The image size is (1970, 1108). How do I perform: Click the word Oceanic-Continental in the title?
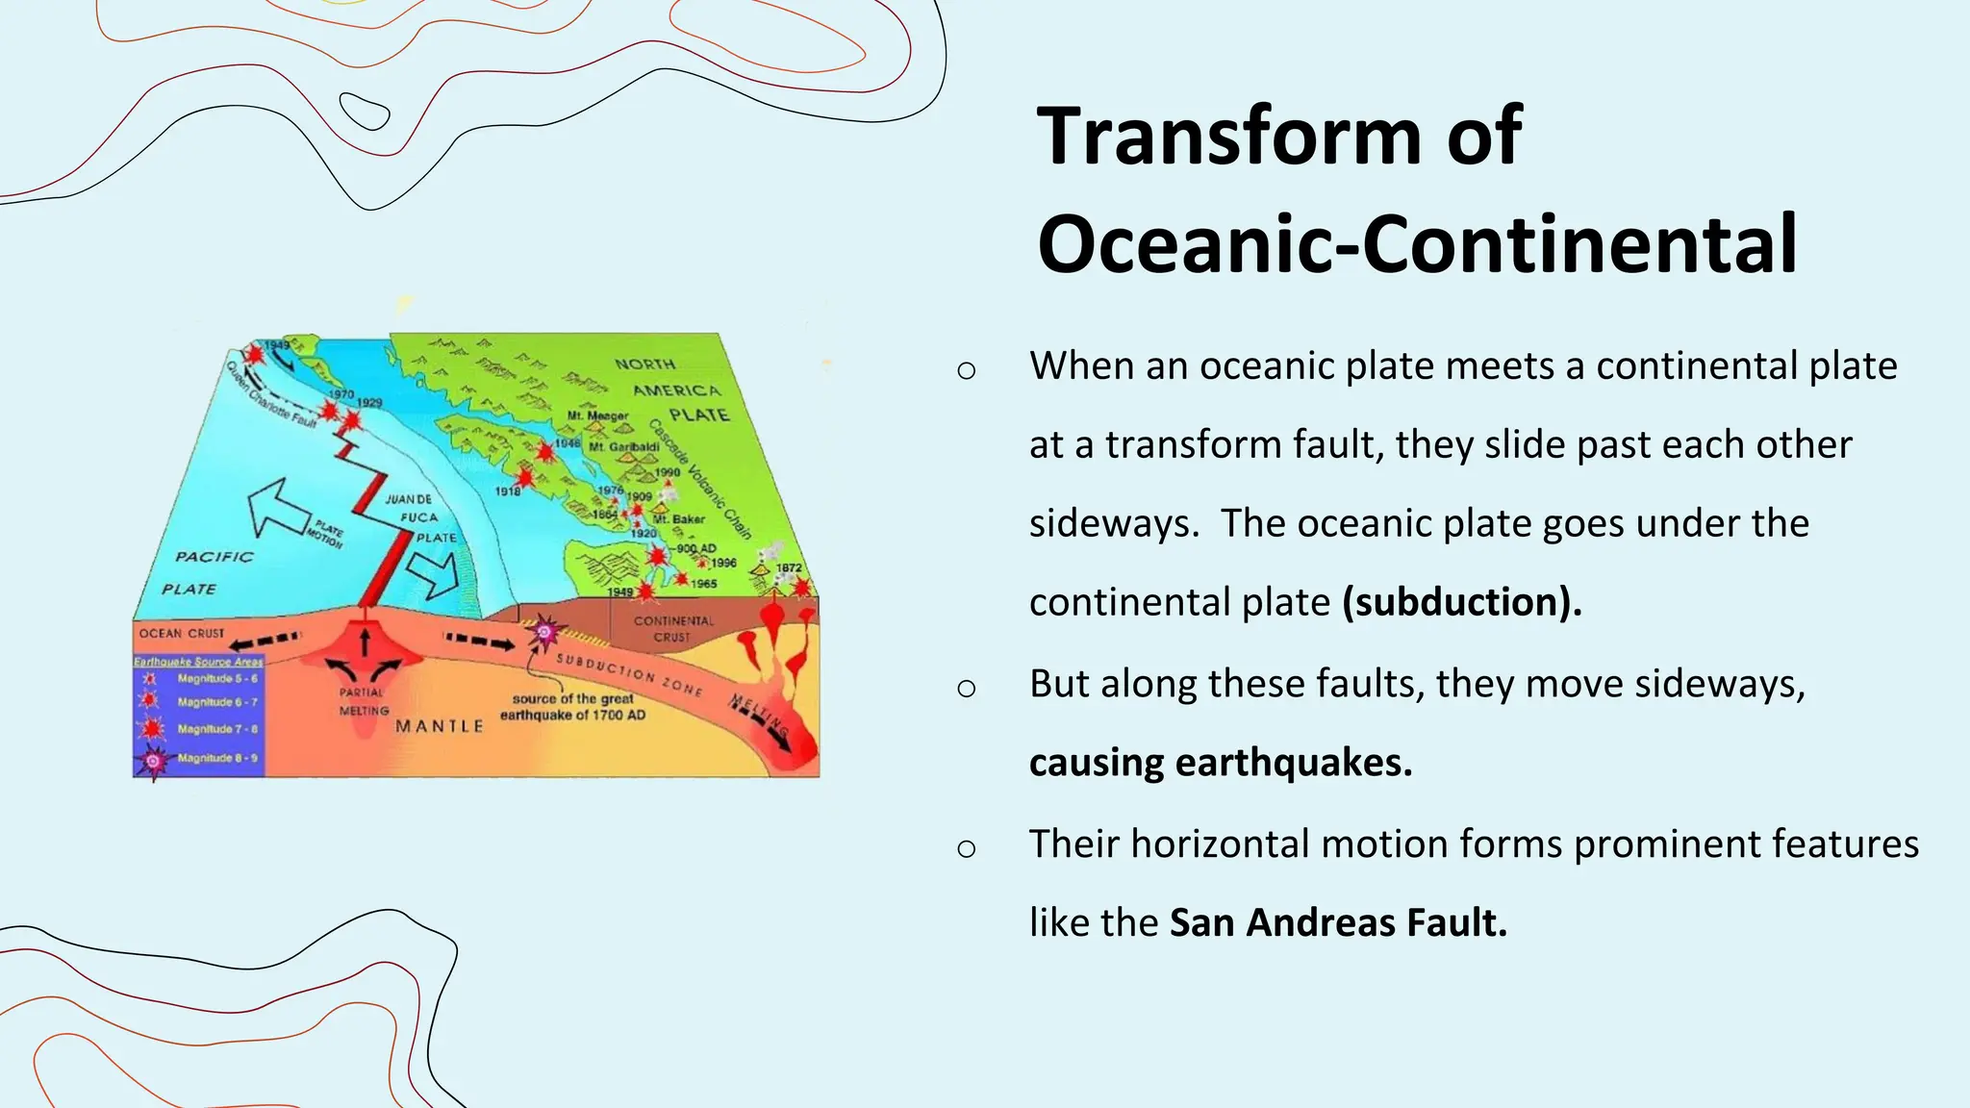1417,244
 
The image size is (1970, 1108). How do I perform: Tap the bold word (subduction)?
1461,602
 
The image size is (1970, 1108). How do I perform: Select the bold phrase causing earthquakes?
1220,763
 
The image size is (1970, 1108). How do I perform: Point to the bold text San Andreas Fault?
1337,922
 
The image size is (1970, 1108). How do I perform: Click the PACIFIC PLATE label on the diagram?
210,572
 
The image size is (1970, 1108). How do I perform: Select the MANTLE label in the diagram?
440,726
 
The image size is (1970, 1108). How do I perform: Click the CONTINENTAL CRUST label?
672,628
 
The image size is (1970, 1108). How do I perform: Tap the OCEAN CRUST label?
181,633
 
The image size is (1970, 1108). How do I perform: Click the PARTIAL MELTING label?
363,701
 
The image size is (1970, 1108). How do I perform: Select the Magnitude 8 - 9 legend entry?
216,759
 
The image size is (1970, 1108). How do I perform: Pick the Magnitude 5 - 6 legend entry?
216,679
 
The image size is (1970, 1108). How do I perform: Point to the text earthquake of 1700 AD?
572,716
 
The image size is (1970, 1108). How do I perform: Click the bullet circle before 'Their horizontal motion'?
967,847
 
